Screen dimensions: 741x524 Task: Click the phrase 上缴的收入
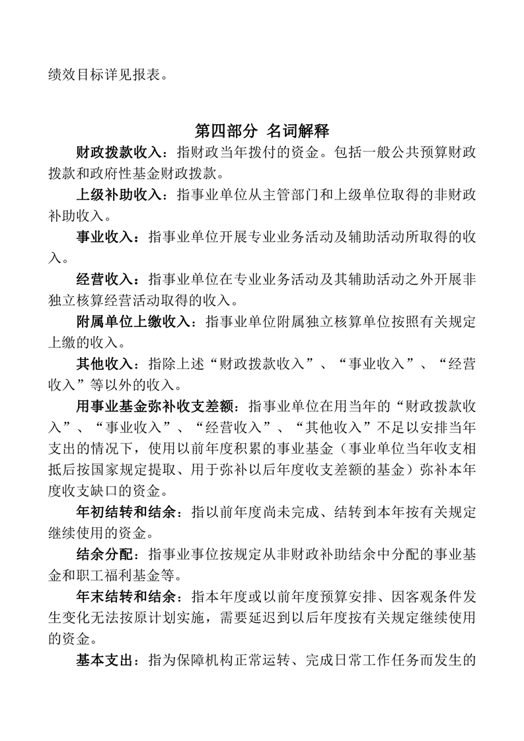[x=76, y=342]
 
